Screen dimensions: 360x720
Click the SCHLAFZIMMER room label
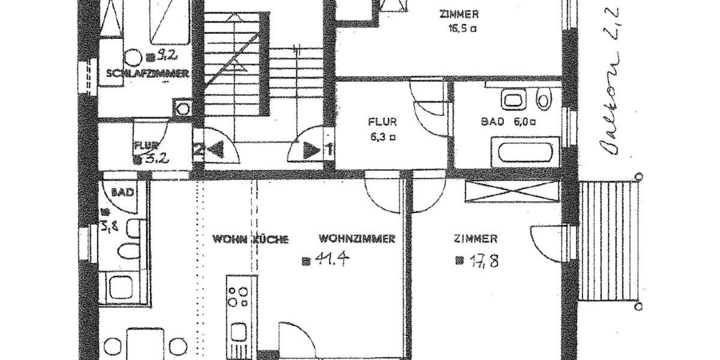click(x=148, y=74)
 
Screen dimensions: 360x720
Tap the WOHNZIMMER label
click(x=356, y=239)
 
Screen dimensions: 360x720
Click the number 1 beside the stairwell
click(x=328, y=149)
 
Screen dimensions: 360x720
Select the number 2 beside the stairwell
click(x=197, y=150)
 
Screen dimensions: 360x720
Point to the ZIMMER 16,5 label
click(x=458, y=20)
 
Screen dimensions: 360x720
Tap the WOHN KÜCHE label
click(x=250, y=239)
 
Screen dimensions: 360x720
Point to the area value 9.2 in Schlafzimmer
click(x=164, y=56)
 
